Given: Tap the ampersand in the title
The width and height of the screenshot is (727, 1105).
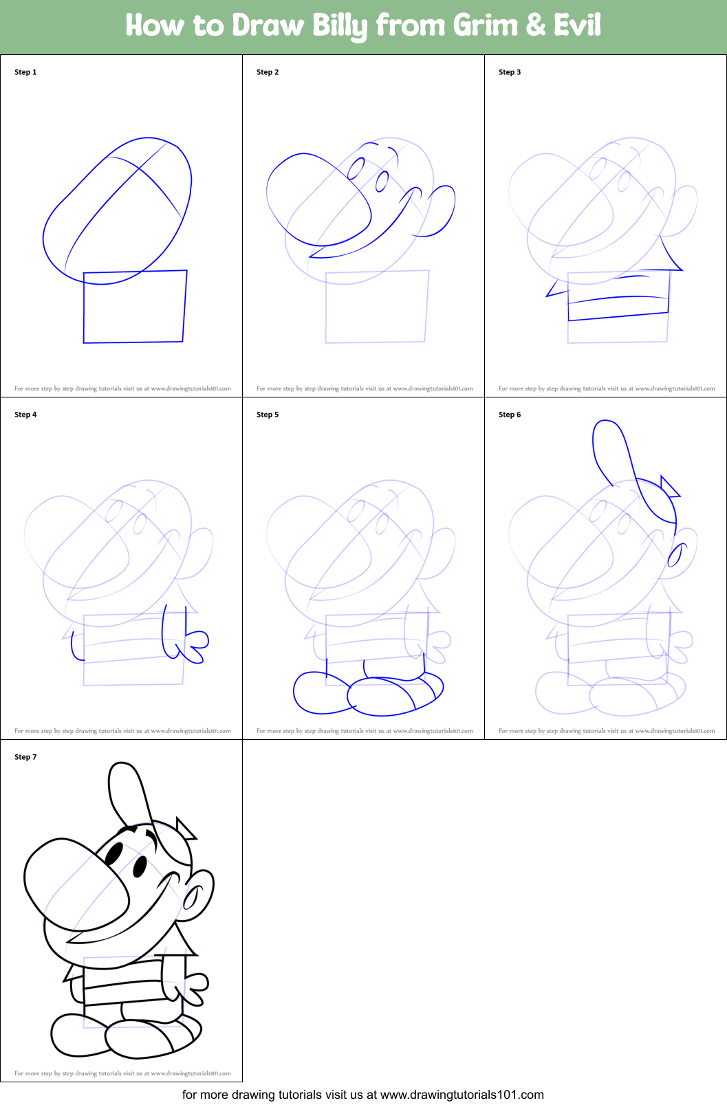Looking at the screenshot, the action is coord(536,25).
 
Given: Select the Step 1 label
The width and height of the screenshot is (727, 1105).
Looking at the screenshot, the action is coord(25,72).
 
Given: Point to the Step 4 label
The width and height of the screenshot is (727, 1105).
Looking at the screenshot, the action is coord(25,415).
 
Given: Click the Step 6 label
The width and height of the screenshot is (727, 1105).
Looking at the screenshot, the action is coord(510,415).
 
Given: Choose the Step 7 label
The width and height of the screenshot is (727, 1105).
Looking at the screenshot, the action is coord(25,757).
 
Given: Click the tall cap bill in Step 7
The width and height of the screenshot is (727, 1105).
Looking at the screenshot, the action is coord(129,794).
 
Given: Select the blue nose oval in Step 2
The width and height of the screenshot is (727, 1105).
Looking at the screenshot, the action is coord(318,200).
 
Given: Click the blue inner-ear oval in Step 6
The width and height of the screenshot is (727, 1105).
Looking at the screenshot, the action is coord(677,555).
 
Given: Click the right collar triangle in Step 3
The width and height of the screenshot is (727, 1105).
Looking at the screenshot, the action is coord(671,254).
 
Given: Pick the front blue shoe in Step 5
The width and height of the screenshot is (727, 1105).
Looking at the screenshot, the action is coord(395,695).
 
